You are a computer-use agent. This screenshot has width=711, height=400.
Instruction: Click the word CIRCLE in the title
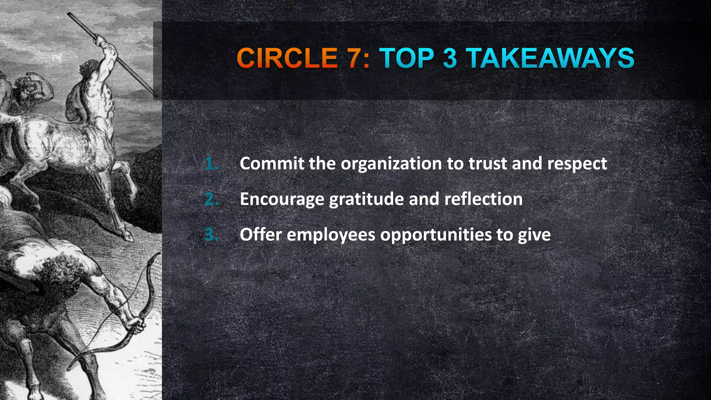[287, 58]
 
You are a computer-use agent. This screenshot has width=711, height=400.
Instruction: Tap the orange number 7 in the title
[354, 58]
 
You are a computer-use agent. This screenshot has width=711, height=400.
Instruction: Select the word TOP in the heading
[407, 58]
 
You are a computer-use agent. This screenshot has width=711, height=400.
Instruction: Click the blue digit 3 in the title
[450, 58]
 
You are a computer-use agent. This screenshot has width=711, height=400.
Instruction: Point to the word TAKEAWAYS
[550, 58]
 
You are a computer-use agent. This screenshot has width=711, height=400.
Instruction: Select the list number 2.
[211, 199]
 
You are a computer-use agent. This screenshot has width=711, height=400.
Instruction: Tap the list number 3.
[211, 235]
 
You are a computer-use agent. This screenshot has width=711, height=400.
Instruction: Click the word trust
[488, 164]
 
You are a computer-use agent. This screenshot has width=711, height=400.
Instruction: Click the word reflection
[483, 199]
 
